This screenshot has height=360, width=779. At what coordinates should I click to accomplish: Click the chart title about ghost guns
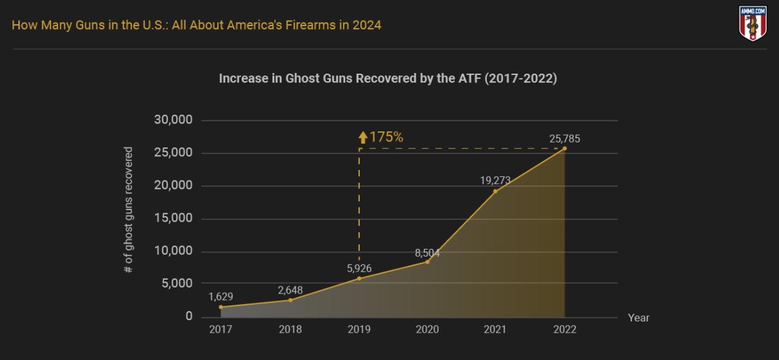(x=388, y=78)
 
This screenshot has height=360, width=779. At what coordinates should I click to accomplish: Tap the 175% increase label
(x=386, y=137)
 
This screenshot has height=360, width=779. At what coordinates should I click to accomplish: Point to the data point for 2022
(x=564, y=149)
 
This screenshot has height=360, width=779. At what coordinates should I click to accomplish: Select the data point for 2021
(x=495, y=191)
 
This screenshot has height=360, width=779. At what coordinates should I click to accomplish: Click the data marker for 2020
(x=427, y=261)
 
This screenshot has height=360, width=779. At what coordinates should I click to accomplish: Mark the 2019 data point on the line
(x=359, y=278)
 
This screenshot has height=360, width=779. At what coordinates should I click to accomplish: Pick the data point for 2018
(x=290, y=299)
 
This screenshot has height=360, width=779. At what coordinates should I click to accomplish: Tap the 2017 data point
(x=221, y=307)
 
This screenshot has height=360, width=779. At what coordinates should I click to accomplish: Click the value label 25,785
(x=564, y=139)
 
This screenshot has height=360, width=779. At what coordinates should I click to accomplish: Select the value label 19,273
(x=495, y=181)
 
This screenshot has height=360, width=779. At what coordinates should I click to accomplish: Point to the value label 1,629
(x=221, y=296)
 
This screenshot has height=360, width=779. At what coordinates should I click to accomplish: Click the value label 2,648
(x=290, y=290)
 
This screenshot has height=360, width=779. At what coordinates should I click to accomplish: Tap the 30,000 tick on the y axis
(x=173, y=120)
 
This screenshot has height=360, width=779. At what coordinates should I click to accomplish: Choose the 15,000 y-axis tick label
(x=173, y=218)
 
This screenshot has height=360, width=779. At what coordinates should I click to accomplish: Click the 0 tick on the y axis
(x=189, y=316)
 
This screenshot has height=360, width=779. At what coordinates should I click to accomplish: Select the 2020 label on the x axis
(x=427, y=330)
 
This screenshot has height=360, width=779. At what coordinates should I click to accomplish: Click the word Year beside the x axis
(x=639, y=318)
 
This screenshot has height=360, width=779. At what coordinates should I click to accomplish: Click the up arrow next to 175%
(x=362, y=138)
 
